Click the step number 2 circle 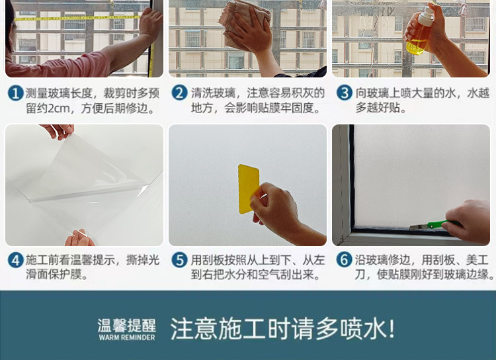179,93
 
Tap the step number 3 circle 344,93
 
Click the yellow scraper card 248,189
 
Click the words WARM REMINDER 126,337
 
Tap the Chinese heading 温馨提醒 126,325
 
